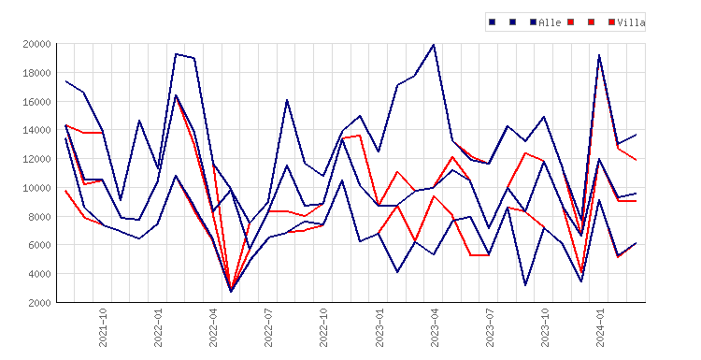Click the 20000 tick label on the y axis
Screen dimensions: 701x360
click(x=36, y=44)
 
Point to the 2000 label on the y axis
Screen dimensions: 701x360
click(x=39, y=303)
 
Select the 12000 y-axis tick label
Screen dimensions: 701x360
click(x=36, y=159)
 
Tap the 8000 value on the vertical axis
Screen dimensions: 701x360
click(x=39, y=216)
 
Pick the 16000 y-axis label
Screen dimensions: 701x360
click(x=36, y=102)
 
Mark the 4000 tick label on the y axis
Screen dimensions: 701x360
click(x=39, y=274)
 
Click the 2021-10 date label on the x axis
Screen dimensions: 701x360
click(x=103, y=327)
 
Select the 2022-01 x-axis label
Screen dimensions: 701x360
click(x=158, y=327)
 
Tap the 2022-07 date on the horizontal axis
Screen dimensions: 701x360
click(x=268, y=327)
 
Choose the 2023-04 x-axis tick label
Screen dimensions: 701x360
click(x=435, y=327)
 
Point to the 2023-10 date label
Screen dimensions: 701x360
click(x=545, y=327)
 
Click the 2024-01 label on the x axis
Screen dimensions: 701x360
click(x=600, y=327)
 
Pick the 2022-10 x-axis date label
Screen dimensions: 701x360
click(x=323, y=327)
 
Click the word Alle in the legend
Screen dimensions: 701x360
click(x=550, y=22)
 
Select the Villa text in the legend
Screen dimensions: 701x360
click(x=631, y=22)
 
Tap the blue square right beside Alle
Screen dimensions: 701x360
click(x=533, y=22)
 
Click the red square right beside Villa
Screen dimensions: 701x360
click(x=611, y=22)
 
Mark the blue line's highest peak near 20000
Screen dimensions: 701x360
click(x=434, y=45)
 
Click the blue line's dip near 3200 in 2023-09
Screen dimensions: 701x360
click(x=525, y=285)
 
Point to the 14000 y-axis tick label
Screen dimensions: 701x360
click(x=36, y=130)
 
